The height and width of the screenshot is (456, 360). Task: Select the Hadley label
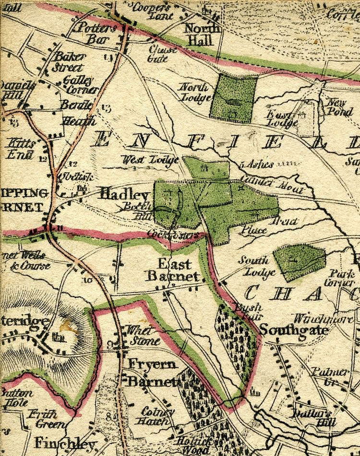[124, 195]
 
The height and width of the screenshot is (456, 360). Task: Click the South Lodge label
[257, 267]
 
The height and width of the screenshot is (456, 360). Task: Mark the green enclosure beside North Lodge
[233, 98]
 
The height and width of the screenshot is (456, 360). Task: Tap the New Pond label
[340, 106]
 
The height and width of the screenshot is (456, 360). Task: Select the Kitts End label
[20, 149]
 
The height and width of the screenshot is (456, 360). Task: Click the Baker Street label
[69, 61]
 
